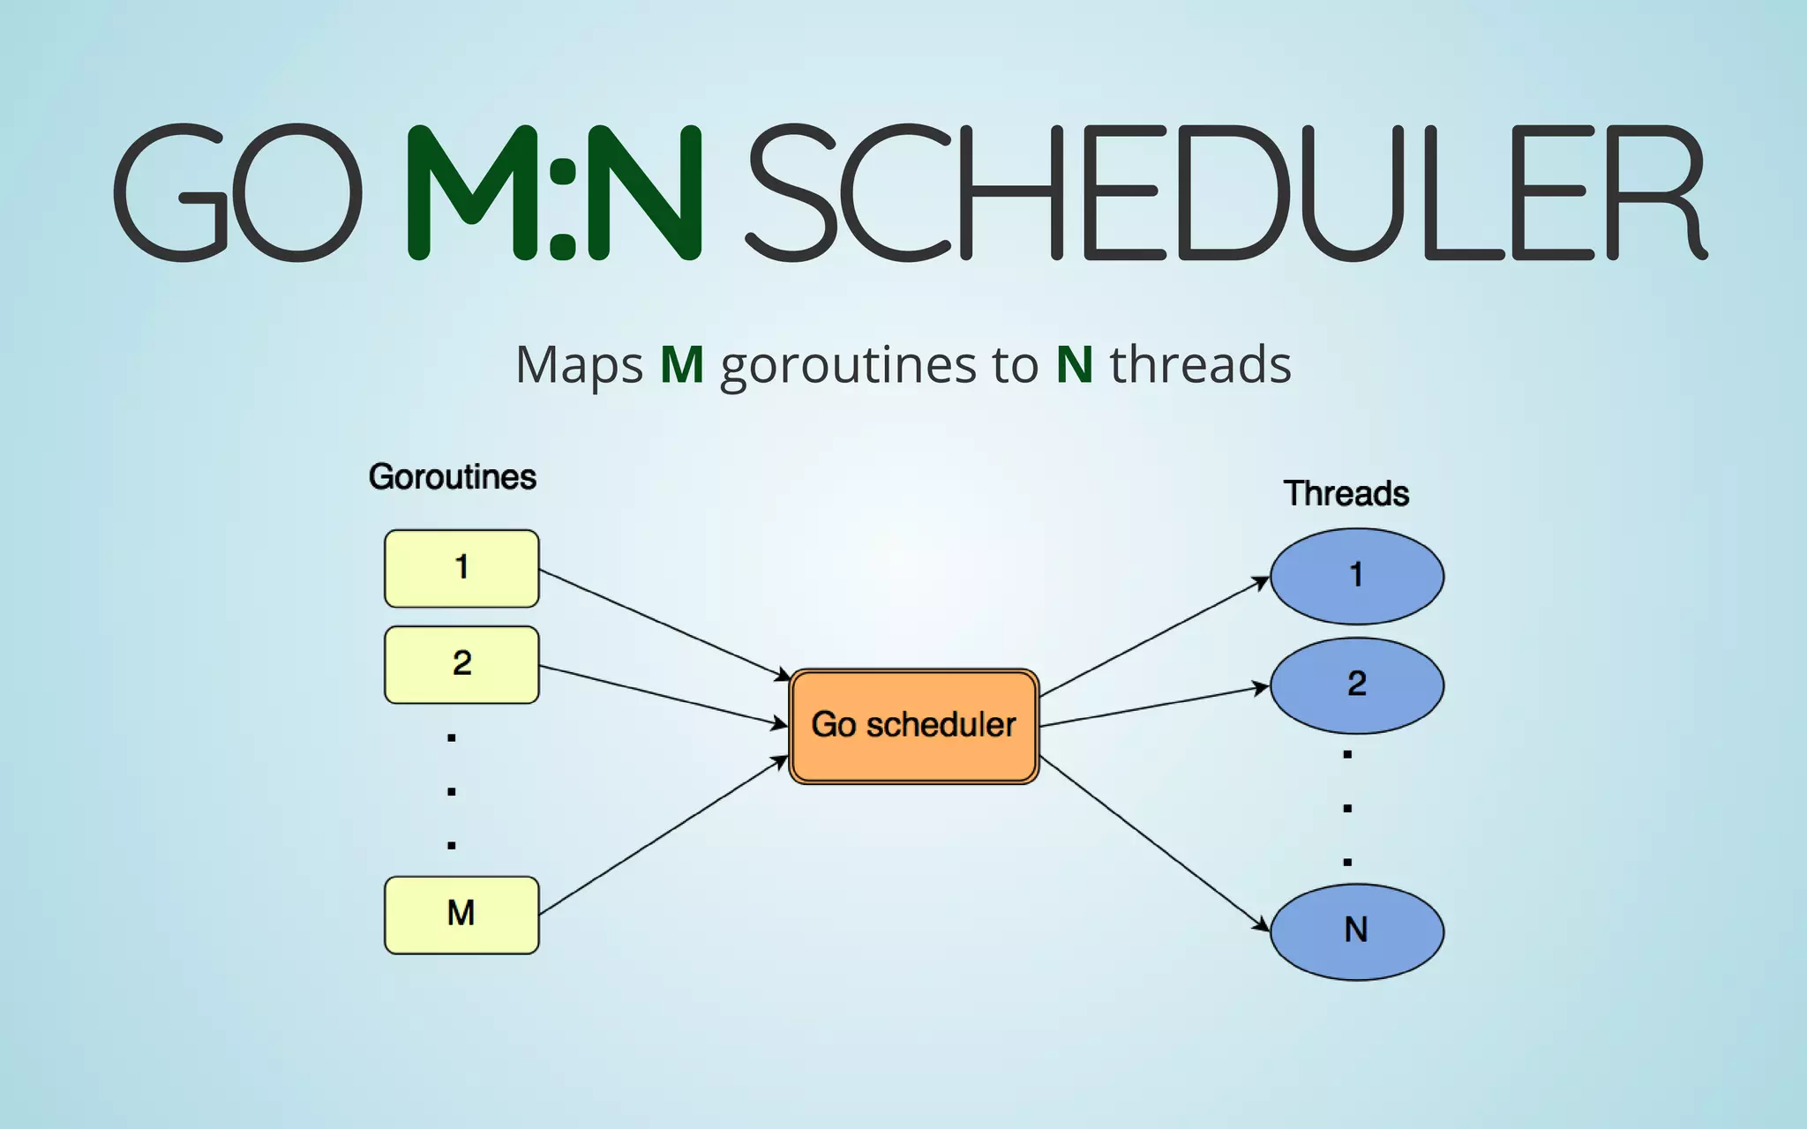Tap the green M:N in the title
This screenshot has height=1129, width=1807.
554,192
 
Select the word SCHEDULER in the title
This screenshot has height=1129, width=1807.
1226,192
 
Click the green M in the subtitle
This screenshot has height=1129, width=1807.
682,364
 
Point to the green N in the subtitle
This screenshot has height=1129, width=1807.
1074,364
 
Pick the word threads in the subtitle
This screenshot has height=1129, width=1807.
1200,364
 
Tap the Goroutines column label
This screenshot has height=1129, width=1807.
452,477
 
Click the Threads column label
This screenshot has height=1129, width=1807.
1346,494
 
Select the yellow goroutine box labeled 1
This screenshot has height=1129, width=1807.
461,569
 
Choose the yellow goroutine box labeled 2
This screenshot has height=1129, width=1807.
461,665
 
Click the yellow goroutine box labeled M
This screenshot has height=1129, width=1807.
461,915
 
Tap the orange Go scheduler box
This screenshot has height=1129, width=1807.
914,726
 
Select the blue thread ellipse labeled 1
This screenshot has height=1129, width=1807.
1356,576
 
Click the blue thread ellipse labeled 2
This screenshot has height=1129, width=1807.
1356,685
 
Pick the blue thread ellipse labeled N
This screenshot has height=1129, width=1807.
1356,931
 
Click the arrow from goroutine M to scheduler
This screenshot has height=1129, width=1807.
662,836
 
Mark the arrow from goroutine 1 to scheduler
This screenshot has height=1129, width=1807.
662,623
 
